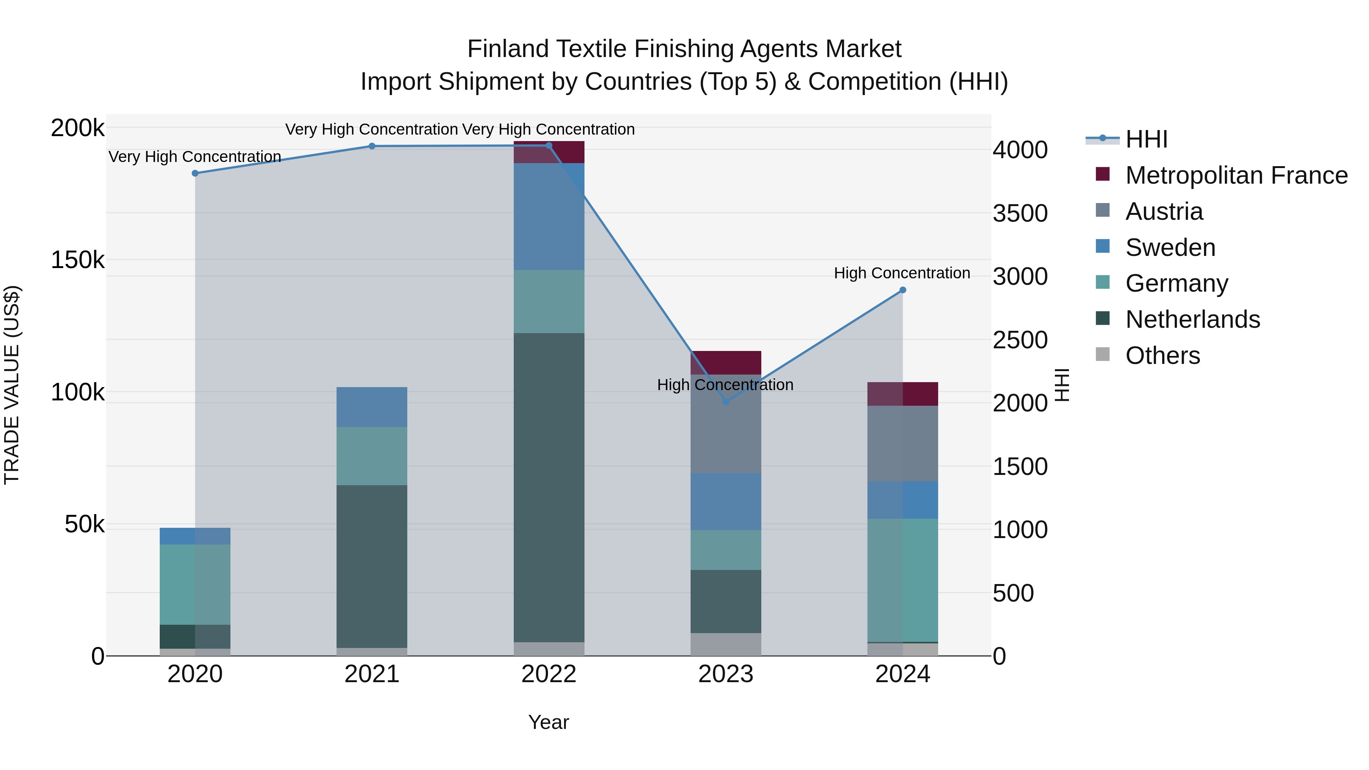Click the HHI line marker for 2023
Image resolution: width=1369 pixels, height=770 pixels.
pos(726,402)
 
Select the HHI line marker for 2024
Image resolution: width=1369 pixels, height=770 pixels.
pos(902,290)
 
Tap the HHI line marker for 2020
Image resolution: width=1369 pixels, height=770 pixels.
pos(195,173)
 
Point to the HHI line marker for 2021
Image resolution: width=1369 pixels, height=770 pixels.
pos(372,146)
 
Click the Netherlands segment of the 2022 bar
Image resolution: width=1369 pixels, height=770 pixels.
pos(549,487)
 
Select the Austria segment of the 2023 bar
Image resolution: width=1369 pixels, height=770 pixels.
pos(726,424)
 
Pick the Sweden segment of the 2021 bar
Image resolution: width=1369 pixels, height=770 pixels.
pos(372,407)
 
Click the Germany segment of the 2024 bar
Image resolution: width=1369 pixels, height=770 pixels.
pos(902,580)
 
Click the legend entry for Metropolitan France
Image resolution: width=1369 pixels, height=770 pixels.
pos(1236,175)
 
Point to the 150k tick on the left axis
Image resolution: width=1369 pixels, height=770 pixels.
pos(78,260)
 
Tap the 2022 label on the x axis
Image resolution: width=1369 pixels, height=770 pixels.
pos(549,674)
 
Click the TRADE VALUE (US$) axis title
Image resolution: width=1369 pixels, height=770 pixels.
pos(12,385)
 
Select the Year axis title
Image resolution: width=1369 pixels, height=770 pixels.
pos(548,722)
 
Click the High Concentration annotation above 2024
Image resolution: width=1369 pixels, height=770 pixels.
pos(902,273)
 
